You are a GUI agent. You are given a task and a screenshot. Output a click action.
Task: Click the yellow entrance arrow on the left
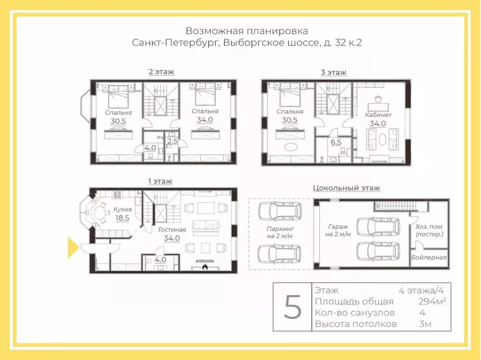(x=73, y=248)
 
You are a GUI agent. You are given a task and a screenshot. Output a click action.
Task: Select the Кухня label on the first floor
(x=122, y=209)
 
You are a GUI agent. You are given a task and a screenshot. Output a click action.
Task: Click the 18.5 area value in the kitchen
(x=122, y=218)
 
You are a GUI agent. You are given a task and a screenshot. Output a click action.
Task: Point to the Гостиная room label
(x=172, y=230)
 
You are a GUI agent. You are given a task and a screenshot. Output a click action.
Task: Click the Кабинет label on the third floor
(x=378, y=115)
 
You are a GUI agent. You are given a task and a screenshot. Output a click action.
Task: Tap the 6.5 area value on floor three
(x=335, y=142)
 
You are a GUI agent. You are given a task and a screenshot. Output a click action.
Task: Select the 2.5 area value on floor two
(x=172, y=140)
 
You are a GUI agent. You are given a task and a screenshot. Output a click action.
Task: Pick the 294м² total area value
(x=432, y=301)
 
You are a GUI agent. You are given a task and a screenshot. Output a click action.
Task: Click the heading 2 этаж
(x=161, y=72)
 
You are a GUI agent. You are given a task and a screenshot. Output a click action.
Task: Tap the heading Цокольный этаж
(x=346, y=188)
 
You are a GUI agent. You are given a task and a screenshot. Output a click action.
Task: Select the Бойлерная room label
(x=429, y=257)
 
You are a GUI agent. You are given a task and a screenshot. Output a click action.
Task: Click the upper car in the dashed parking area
(x=279, y=212)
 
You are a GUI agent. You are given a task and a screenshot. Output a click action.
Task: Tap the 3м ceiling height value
(x=425, y=324)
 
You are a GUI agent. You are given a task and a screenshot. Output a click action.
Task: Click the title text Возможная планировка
(x=247, y=31)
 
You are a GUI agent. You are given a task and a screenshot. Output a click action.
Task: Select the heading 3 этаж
(x=334, y=72)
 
